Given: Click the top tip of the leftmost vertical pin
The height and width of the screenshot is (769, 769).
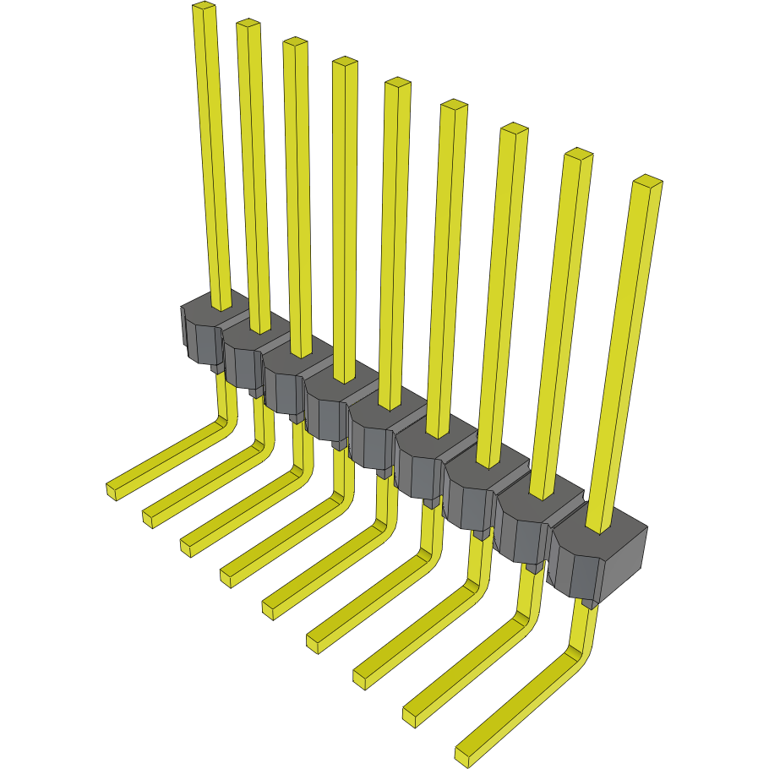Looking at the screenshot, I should (x=204, y=8).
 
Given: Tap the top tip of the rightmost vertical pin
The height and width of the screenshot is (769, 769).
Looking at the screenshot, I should (x=647, y=181).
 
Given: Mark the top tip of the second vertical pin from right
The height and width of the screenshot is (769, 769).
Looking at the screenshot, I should (x=578, y=154).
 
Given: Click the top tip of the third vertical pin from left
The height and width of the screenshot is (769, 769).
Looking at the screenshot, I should (x=294, y=41).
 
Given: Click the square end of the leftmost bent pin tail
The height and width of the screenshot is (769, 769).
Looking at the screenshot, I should (x=112, y=491).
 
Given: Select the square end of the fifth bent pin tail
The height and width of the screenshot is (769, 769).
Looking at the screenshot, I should (x=270, y=609).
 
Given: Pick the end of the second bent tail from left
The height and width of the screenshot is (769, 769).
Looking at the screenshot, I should (x=149, y=518).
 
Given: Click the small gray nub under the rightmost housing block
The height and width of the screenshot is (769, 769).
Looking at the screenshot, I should (x=590, y=603).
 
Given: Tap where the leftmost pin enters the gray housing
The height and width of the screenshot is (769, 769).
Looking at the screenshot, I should (x=221, y=306).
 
